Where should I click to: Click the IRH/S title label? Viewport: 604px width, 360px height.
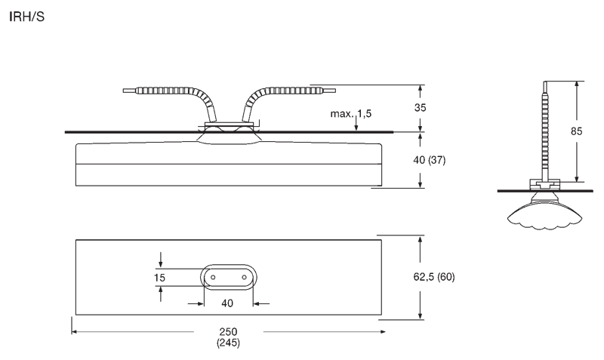click(x=26, y=17)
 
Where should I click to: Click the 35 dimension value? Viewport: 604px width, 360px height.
click(x=421, y=107)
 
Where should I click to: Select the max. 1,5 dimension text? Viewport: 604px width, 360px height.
click(x=351, y=114)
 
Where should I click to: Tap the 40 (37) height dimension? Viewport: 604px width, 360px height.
click(x=429, y=160)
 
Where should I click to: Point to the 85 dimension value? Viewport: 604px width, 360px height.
click(x=576, y=131)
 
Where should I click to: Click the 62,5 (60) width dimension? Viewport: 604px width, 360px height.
click(x=434, y=277)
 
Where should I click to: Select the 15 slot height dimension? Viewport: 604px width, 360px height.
click(x=159, y=278)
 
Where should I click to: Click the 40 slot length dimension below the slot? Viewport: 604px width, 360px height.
click(x=227, y=303)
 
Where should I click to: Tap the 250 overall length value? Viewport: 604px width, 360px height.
click(x=229, y=331)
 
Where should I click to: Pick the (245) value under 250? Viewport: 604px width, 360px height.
click(x=228, y=343)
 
